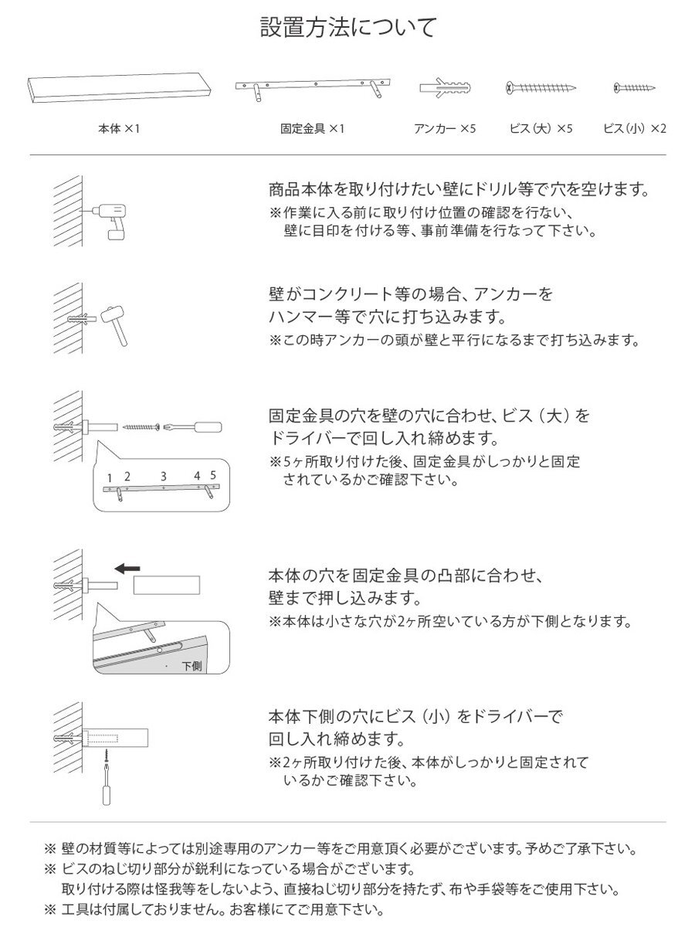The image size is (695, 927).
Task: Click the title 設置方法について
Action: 347,29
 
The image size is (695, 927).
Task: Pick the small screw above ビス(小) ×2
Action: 634,87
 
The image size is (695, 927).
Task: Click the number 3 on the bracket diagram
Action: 163,477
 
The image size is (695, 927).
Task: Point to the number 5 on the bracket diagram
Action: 212,475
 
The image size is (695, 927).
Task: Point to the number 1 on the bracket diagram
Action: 110,477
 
